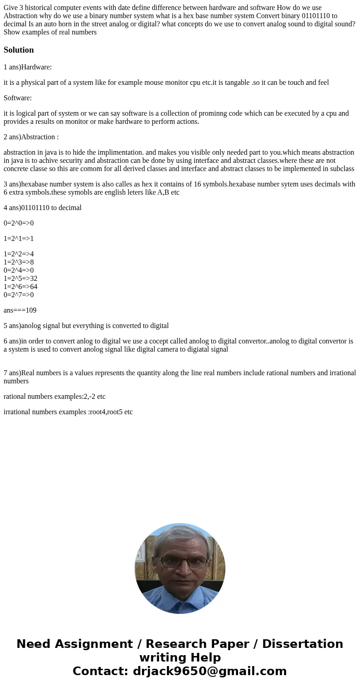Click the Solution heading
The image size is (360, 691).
click(19, 50)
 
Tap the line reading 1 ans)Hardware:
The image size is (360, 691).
click(28, 67)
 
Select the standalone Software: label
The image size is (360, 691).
click(18, 98)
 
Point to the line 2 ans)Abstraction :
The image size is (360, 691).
click(31, 137)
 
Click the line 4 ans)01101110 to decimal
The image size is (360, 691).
click(43, 208)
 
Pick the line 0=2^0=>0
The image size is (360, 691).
click(19, 223)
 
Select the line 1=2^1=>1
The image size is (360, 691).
click(19, 239)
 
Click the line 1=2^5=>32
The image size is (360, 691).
click(20, 279)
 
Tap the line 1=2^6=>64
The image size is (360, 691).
click(20, 287)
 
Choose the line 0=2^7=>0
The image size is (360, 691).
click(19, 295)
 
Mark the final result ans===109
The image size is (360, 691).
click(20, 310)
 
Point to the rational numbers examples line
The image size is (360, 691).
click(54, 397)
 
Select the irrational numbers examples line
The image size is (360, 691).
click(68, 412)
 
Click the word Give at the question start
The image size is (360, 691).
click(11, 7)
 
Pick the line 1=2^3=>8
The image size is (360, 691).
click(19, 262)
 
